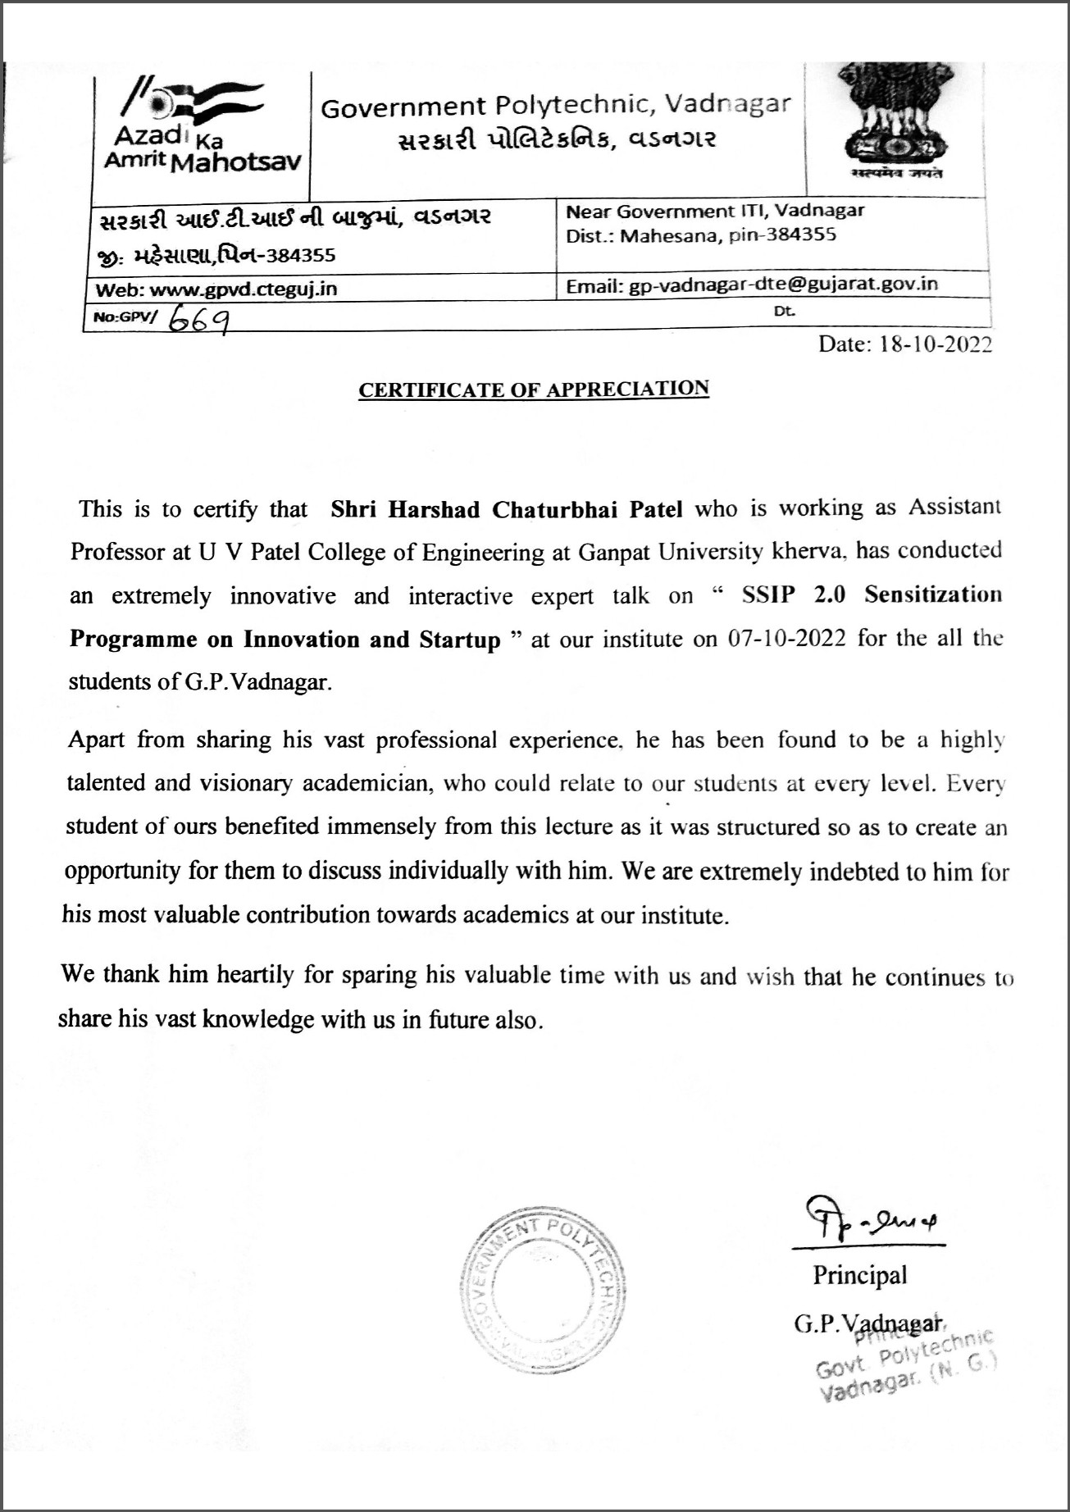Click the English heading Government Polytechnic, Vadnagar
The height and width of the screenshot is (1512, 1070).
point(555,106)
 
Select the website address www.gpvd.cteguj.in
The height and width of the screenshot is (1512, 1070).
point(244,289)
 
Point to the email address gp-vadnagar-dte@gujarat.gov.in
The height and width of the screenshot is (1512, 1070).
point(783,285)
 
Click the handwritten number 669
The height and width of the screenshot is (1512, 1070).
point(198,318)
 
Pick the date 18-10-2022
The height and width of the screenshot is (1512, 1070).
point(935,344)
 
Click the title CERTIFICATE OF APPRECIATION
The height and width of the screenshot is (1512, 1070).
point(533,389)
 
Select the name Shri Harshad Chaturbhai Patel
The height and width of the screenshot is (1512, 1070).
point(506,510)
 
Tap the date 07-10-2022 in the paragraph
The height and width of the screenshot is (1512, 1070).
point(786,639)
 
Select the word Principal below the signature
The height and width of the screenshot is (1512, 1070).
point(859,1275)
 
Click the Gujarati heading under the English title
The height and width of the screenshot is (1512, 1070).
point(557,140)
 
